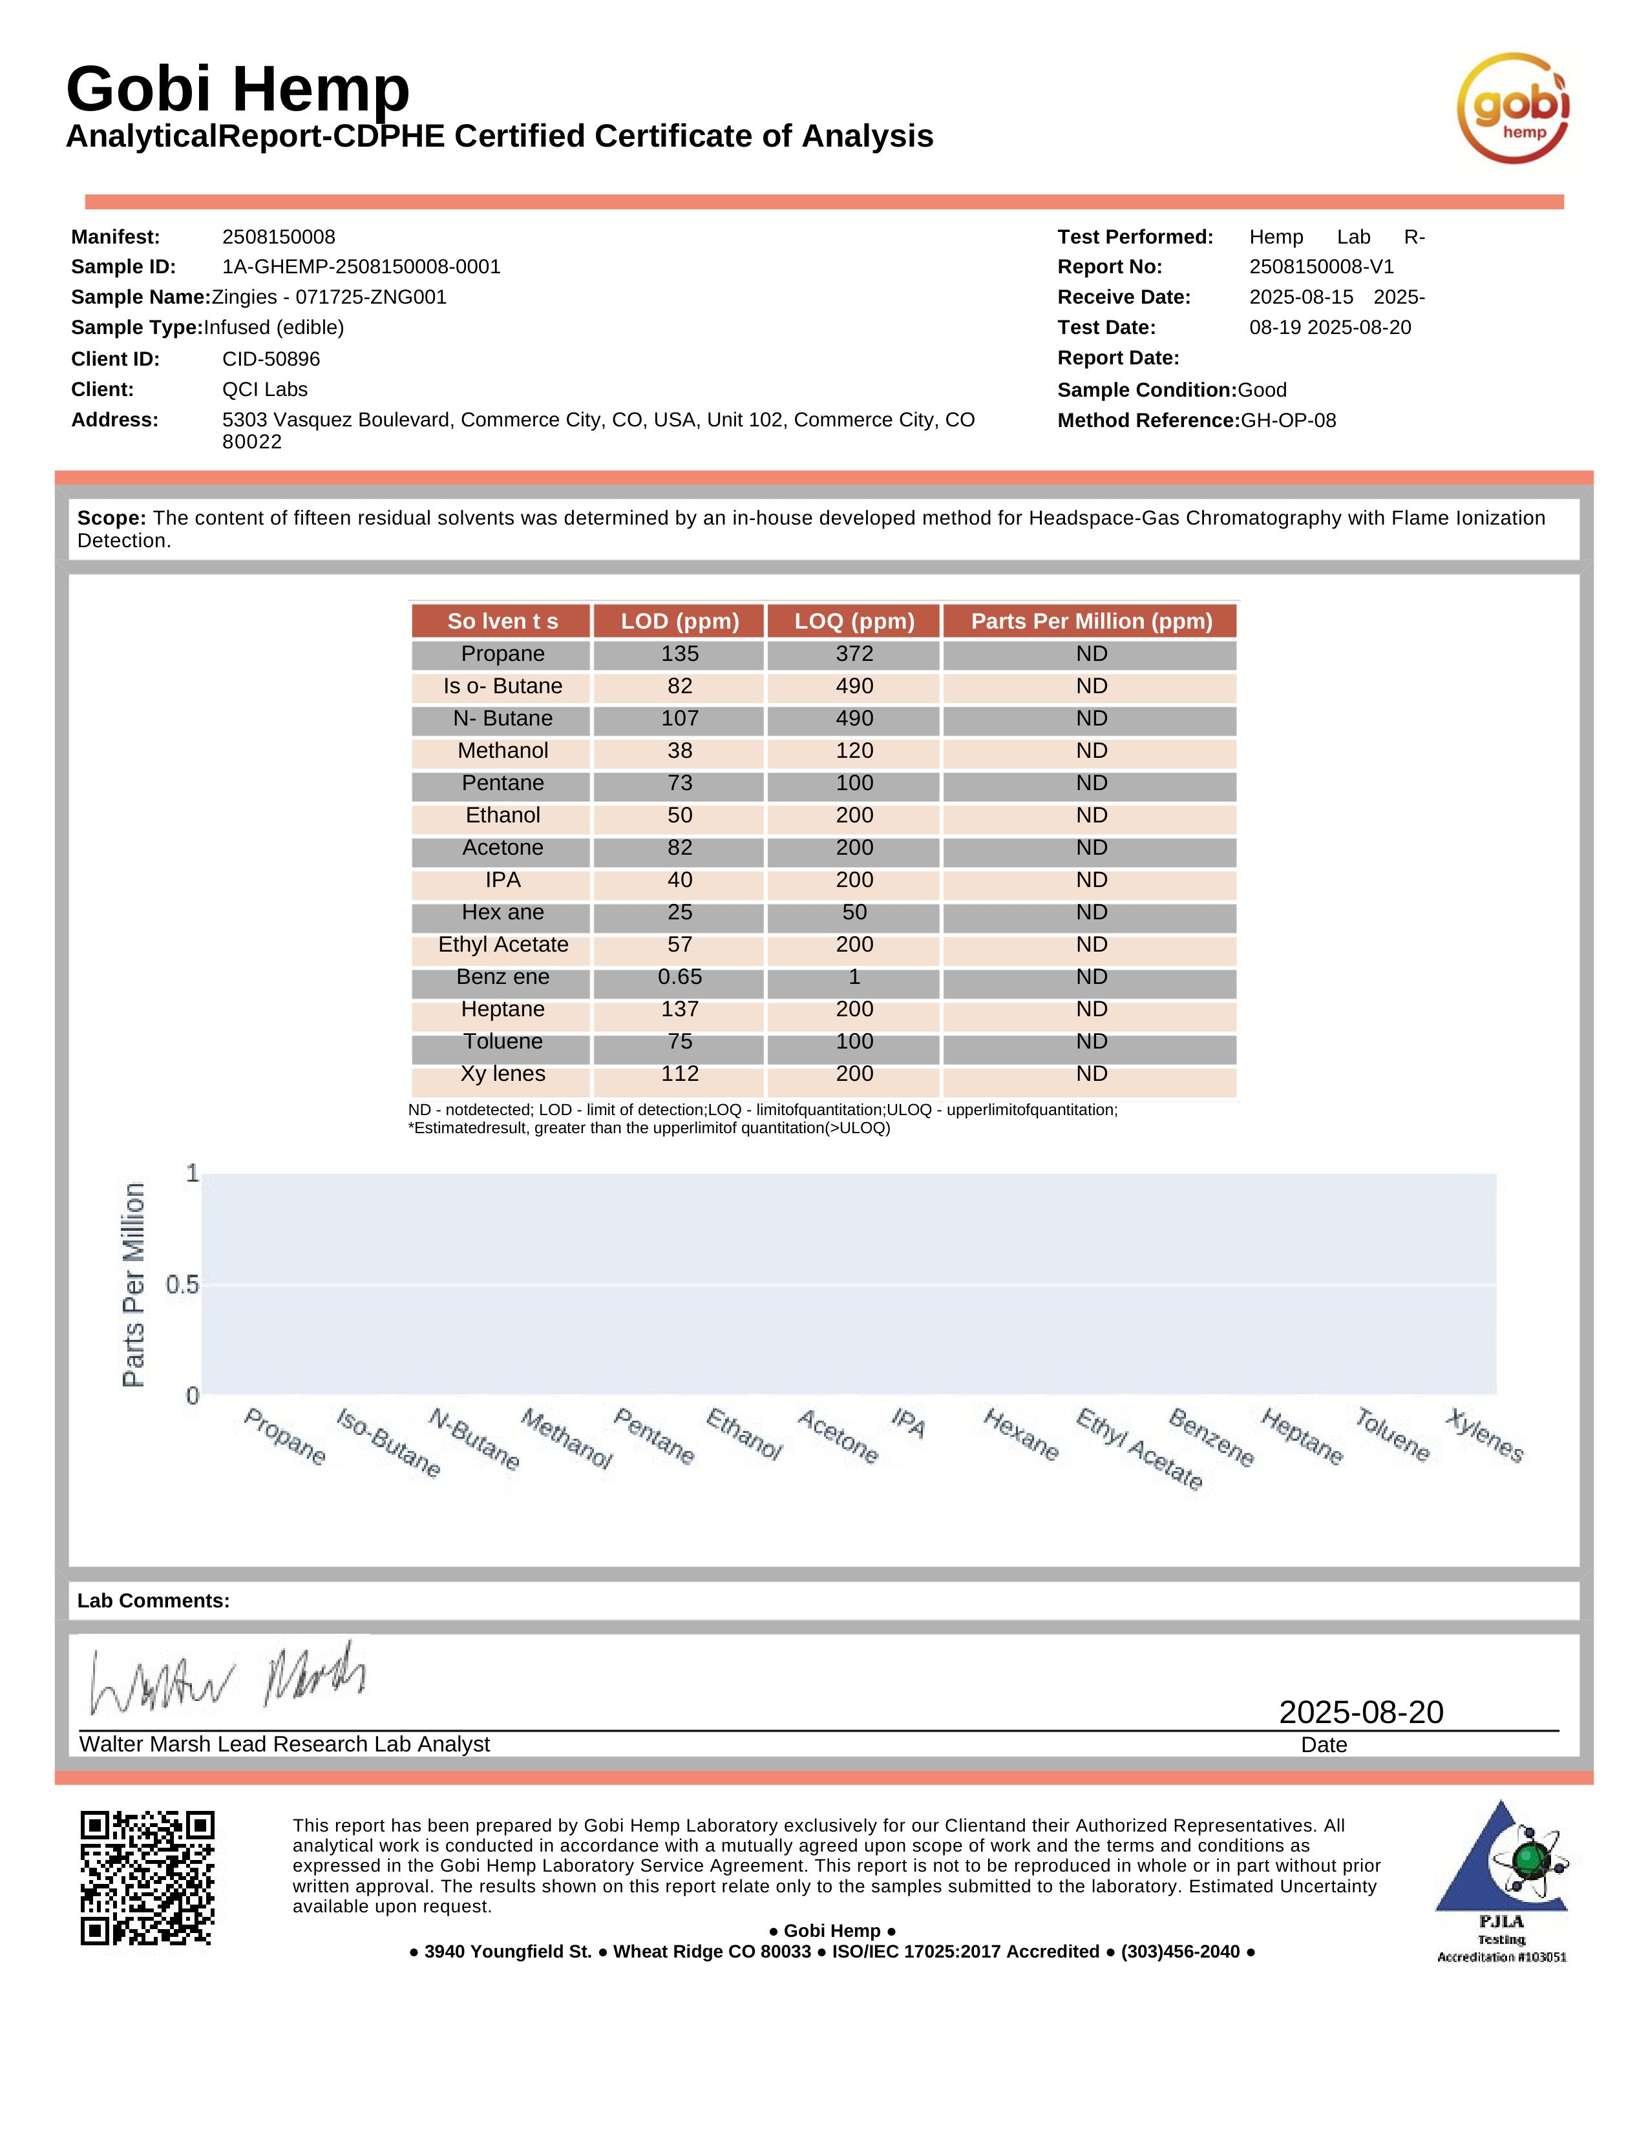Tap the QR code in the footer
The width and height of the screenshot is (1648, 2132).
147,1878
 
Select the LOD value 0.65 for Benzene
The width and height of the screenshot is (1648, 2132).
679,977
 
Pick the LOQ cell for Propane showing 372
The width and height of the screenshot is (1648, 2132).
854,654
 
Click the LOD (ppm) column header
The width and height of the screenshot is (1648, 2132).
679,621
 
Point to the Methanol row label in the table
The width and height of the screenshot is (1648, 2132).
503,751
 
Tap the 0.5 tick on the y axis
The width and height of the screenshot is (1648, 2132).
182,1284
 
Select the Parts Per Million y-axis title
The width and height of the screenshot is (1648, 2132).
134,1284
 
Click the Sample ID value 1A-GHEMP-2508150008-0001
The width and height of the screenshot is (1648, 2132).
361,266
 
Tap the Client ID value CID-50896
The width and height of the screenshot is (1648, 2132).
271,359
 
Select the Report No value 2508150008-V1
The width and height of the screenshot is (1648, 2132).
1321,266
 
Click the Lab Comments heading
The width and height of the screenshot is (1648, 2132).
153,1601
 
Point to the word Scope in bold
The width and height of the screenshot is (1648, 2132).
111,518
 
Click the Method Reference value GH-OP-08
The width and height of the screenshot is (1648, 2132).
1288,421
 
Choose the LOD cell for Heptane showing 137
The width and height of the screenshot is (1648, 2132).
679,1009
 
